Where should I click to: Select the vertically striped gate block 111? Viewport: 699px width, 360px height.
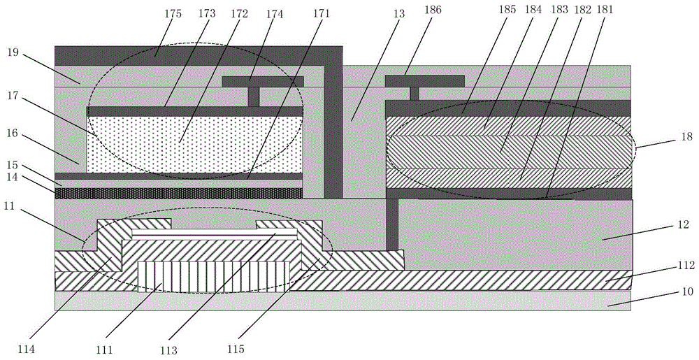[214, 276]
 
